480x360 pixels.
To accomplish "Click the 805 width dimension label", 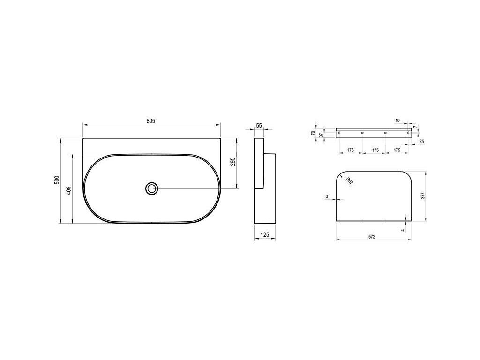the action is coord(150,121).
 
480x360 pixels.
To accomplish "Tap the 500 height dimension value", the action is coord(56,180).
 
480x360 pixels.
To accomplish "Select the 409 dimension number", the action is coord(68,190).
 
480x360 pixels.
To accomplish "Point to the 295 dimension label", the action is coord(232,162).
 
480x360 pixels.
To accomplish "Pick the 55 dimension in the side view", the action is coord(259,125).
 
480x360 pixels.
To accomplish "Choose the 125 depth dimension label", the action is coord(265,235).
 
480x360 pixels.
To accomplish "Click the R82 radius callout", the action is coord(350,181).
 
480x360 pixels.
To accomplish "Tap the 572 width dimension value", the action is coord(372,237).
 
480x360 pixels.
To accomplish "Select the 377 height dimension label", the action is coord(422,196).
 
